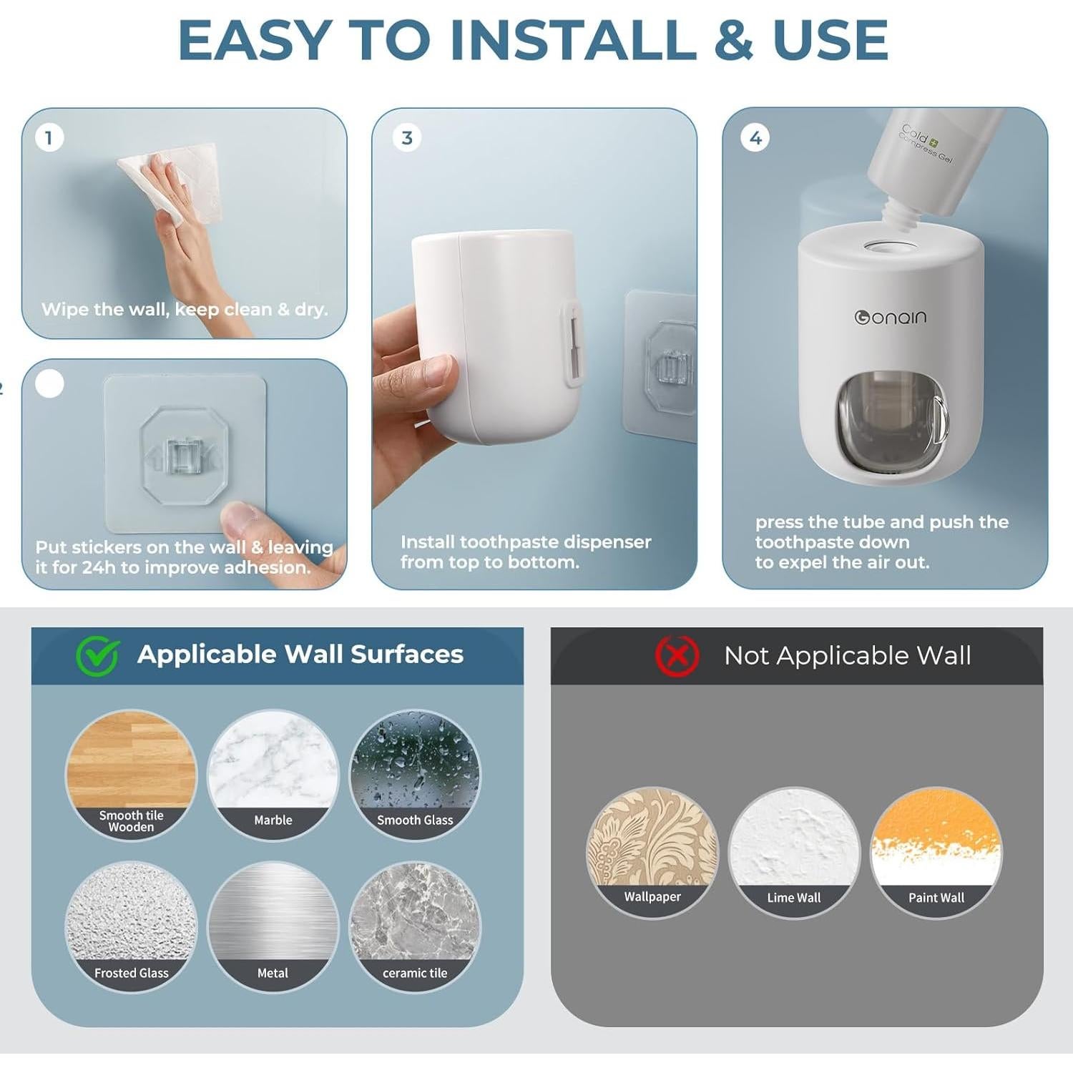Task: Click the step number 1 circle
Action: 49,137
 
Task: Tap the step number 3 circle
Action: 406,137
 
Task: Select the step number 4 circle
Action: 755,137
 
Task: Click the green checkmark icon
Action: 97,655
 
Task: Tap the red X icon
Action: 677,655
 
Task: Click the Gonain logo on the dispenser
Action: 891,317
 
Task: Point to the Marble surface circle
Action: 273,775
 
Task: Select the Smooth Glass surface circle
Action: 415,775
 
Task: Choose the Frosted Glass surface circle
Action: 131,926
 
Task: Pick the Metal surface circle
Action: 273,926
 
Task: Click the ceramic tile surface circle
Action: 415,926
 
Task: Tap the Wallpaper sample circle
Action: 652,852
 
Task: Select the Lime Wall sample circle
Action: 794,852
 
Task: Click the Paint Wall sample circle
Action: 936,852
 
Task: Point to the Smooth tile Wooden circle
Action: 131,775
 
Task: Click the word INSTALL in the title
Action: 573,40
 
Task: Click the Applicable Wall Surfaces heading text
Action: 300,655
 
